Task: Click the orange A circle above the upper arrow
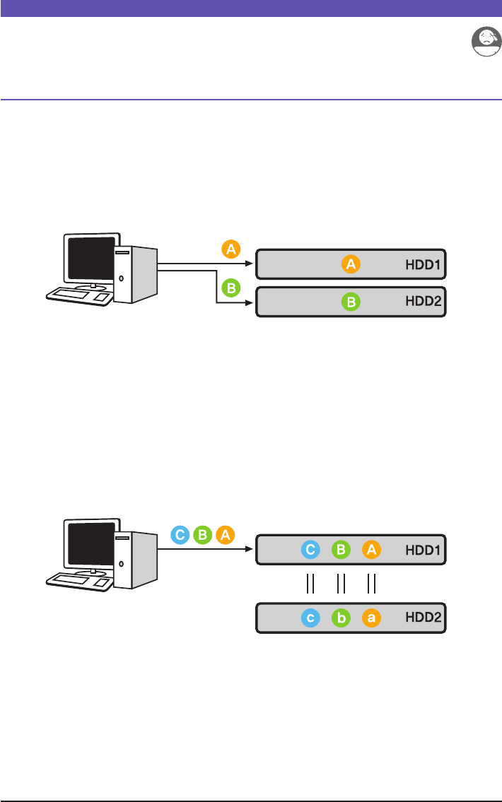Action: [x=230, y=249]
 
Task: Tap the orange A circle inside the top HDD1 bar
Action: [x=351, y=264]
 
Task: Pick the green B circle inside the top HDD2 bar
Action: [x=351, y=302]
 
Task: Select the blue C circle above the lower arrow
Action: [x=180, y=535]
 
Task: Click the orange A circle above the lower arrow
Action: [x=225, y=535]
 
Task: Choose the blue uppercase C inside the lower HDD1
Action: [x=310, y=549]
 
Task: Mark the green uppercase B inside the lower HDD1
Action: [x=341, y=549]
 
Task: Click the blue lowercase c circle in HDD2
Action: [x=310, y=618]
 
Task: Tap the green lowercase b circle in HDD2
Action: [x=341, y=618]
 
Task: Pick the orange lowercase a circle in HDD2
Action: [x=372, y=618]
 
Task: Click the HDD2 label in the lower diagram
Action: [x=424, y=618]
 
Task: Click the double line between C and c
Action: [x=309, y=584]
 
